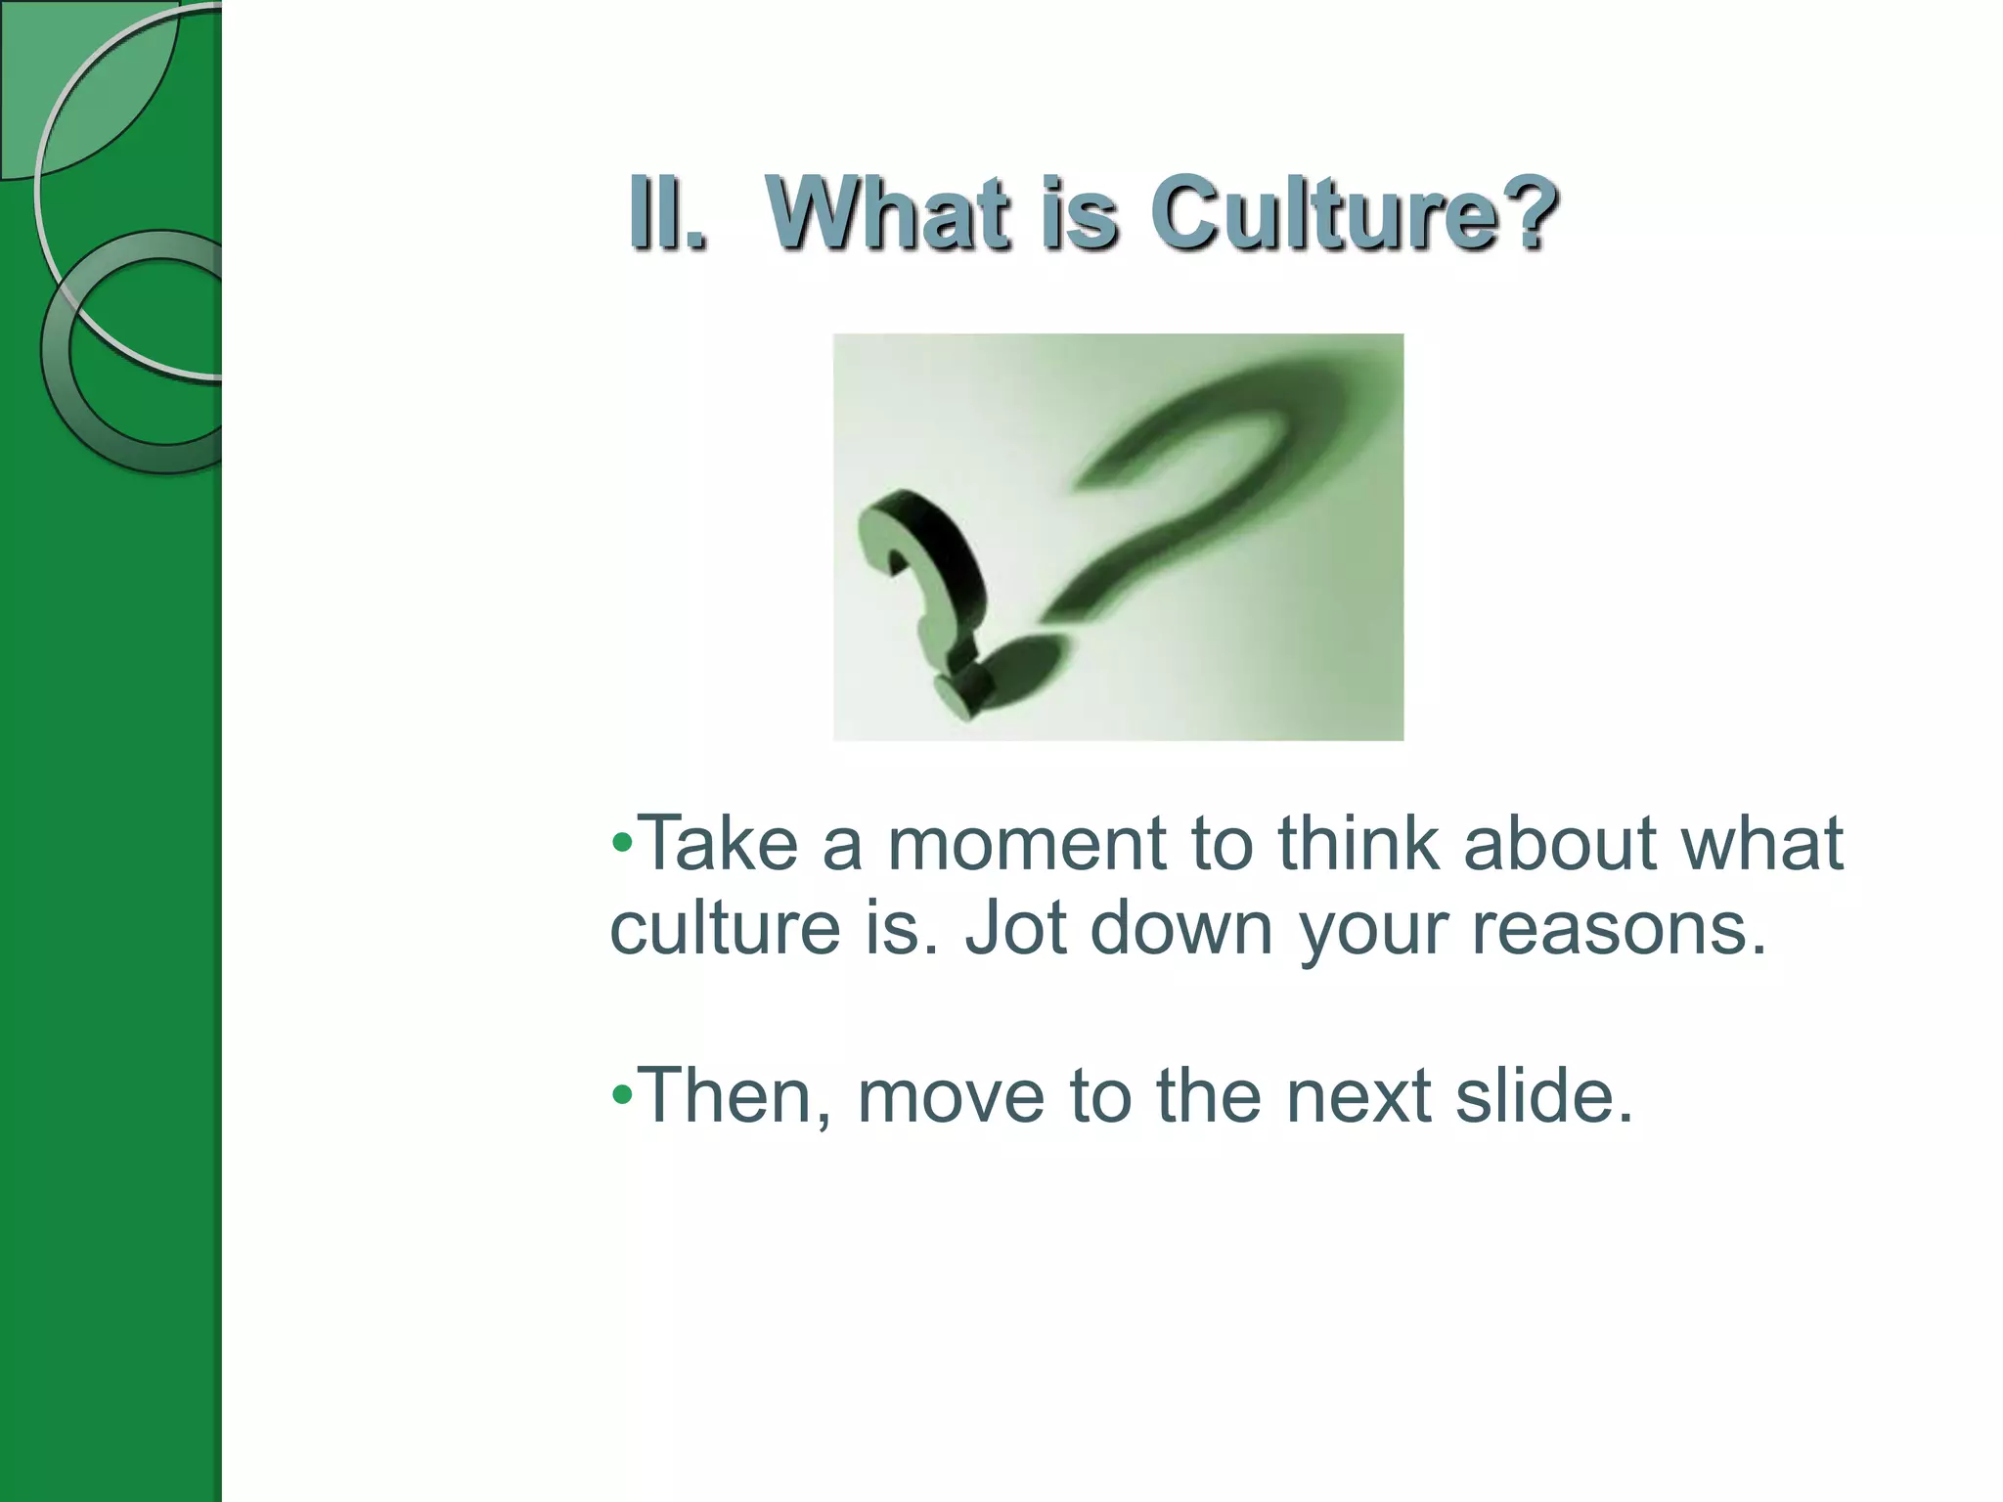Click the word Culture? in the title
click(x=1354, y=213)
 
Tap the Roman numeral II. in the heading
click(x=668, y=213)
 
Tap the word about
click(x=1561, y=843)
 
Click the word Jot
click(x=1015, y=927)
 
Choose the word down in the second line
click(x=1181, y=927)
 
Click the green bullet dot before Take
click(x=622, y=843)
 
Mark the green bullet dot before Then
click(x=622, y=1095)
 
